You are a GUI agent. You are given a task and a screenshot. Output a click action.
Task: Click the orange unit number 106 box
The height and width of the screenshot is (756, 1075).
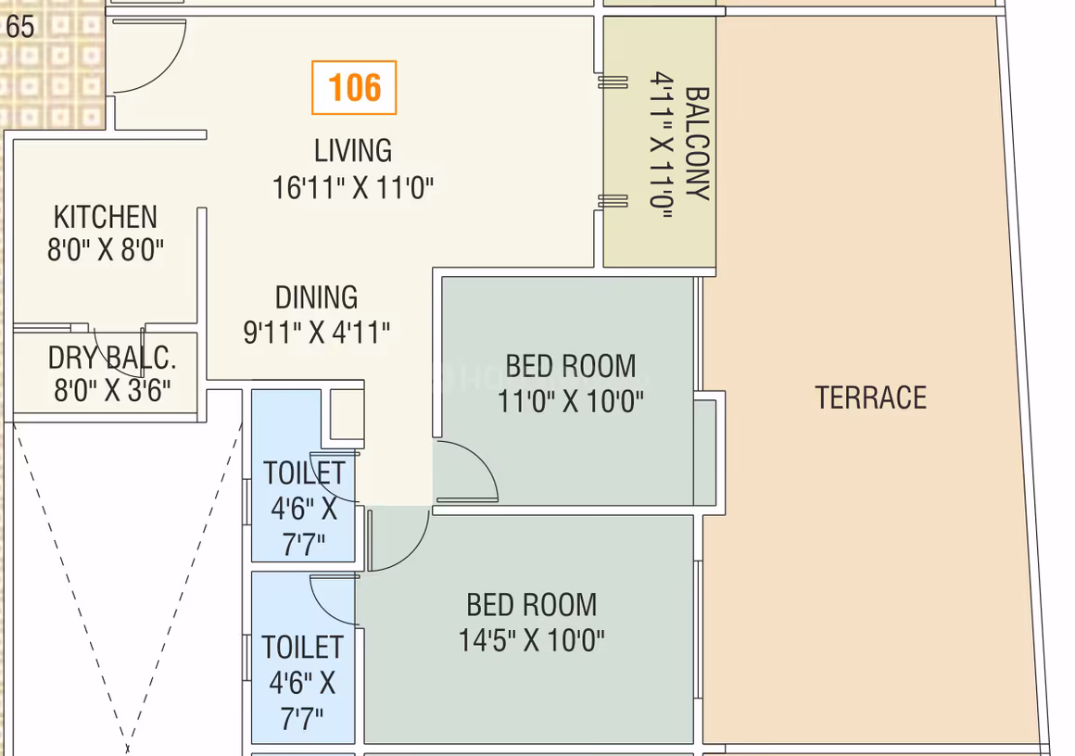click(x=354, y=88)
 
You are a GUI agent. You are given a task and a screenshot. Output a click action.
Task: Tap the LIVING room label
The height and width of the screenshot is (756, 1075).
click(x=353, y=151)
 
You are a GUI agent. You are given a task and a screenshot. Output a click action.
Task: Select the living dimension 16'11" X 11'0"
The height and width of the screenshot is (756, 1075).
click(x=353, y=187)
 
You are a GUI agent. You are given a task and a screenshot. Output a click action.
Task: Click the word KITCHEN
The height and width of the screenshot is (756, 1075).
click(x=106, y=218)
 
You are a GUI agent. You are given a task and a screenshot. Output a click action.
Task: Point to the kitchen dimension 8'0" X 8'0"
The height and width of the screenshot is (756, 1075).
click(x=106, y=249)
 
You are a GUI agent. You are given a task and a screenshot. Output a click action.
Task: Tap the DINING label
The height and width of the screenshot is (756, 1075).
click(x=316, y=297)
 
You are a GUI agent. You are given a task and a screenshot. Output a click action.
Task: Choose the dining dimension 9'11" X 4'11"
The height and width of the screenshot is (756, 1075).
click(x=316, y=333)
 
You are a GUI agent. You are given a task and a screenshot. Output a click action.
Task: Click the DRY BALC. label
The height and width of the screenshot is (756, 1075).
click(x=112, y=358)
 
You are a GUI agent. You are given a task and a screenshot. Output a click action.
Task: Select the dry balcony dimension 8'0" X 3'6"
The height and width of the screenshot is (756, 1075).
click(x=112, y=390)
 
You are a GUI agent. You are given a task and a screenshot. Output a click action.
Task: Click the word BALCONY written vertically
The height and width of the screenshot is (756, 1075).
click(x=697, y=144)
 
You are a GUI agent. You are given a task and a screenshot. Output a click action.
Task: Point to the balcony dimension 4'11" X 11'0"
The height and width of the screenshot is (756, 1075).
click(x=662, y=145)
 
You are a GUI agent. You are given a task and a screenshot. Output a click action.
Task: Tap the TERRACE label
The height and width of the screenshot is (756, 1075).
click(x=871, y=397)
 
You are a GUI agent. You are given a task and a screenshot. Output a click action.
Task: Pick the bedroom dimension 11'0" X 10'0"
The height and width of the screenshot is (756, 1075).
click(x=571, y=401)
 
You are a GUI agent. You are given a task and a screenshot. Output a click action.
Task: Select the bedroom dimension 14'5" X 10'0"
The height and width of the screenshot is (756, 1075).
click(x=531, y=641)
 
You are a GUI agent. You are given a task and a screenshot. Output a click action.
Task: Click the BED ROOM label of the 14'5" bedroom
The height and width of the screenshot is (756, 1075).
click(x=531, y=605)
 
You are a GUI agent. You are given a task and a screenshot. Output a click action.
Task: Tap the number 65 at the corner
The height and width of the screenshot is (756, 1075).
click(x=19, y=28)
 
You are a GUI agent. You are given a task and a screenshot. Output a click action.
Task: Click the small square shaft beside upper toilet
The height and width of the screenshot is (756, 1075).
click(x=347, y=415)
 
